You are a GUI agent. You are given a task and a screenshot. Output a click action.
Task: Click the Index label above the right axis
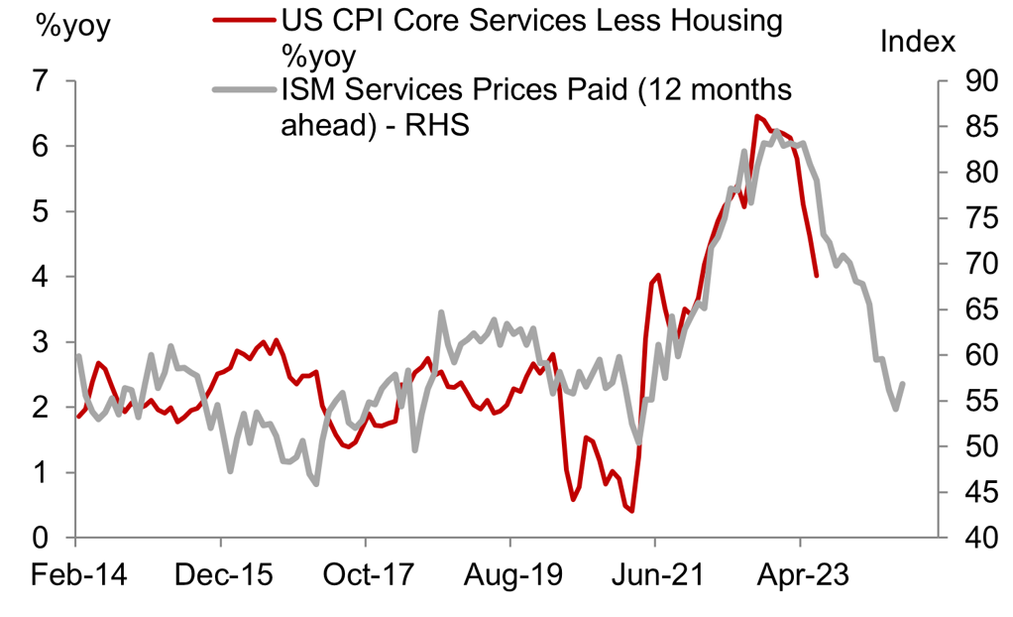[917, 42]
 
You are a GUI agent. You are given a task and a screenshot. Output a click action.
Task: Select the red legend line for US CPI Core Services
[242, 19]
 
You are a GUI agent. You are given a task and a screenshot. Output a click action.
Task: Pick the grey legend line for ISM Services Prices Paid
[242, 89]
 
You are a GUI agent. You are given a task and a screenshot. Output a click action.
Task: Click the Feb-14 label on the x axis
[75, 575]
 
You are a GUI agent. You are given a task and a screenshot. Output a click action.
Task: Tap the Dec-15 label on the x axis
[220, 575]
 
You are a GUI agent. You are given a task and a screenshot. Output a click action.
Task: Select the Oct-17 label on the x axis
[365, 575]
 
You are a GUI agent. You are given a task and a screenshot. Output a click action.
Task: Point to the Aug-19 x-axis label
[509, 575]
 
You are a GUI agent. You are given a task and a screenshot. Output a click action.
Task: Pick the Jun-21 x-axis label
[654, 575]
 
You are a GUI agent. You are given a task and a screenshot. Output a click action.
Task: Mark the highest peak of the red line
[756, 116]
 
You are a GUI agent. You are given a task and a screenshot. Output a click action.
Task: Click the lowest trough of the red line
[631, 511]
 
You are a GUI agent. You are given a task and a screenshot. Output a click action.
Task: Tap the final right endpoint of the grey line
[903, 384]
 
